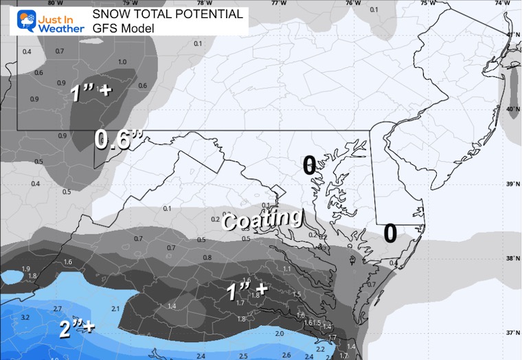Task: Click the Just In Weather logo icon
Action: click(x=14, y=20)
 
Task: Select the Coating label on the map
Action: click(x=263, y=220)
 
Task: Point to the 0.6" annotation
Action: click(x=118, y=141)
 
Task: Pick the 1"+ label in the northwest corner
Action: click(x=90, y=93)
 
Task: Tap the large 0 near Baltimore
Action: click(x=309, y=164)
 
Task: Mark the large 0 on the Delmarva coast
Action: click(x=390, y=233)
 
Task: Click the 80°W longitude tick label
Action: click(x=46, y=3)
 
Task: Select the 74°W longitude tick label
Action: click(x=506, y=3)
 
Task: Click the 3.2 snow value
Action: click(x=25, y=317)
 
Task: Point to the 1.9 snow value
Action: click(x=26, y=268)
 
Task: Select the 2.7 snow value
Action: click(x=58, y=308)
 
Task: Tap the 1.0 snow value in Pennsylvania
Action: click(x=122, y=62)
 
